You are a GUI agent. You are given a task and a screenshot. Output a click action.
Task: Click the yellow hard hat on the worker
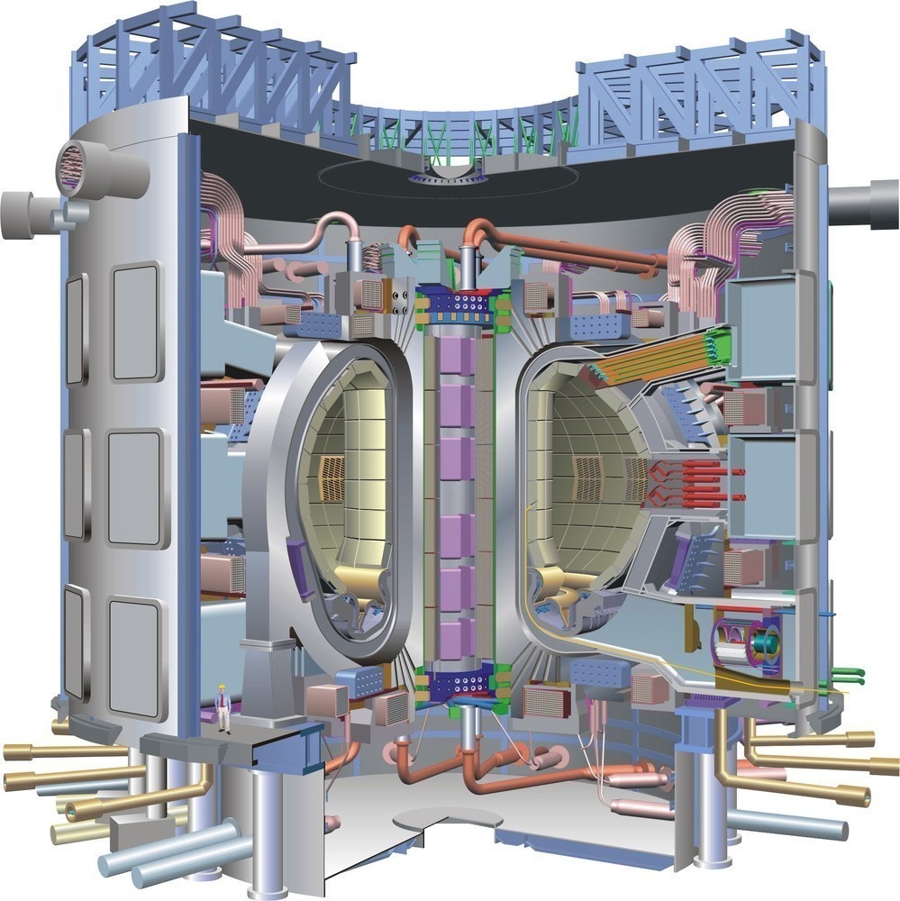pos(222,688)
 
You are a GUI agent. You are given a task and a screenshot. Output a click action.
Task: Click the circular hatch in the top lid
pos(448,172)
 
